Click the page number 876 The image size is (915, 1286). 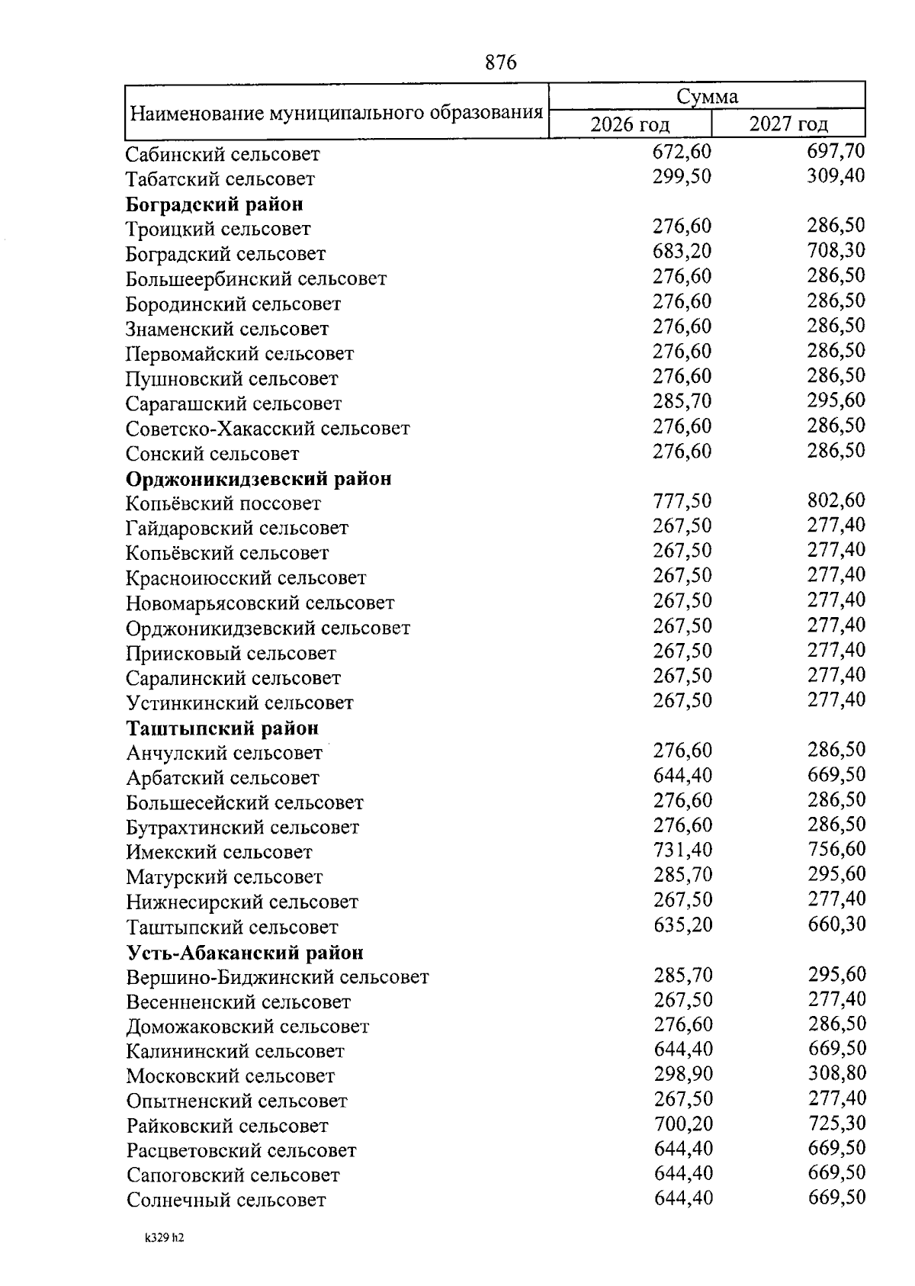(501, 63)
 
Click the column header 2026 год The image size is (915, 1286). (630, 124)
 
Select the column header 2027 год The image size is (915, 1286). (788, 124)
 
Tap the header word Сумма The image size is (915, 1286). (707, 97)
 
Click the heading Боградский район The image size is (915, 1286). (214, 204)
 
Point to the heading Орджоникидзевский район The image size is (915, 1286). (258, 479)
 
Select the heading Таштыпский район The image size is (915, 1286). (222, 728)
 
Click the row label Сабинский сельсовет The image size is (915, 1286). (223, 155)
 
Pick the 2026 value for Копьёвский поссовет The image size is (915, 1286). (682, 501)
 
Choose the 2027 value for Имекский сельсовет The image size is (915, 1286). (836, 849)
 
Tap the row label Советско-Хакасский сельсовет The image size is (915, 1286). (268, 429)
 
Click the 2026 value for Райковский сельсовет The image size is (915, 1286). (683, 1124)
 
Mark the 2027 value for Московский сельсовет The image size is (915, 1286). (836, 1073)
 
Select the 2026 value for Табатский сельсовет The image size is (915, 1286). (682, 177)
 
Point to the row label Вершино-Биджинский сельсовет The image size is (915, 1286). (278, 977)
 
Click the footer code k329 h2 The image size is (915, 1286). (164, 1239)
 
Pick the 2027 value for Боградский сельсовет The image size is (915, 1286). (836, 250)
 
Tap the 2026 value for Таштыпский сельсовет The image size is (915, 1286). (683, 924)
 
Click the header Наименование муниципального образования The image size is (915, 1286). (336, 114)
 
